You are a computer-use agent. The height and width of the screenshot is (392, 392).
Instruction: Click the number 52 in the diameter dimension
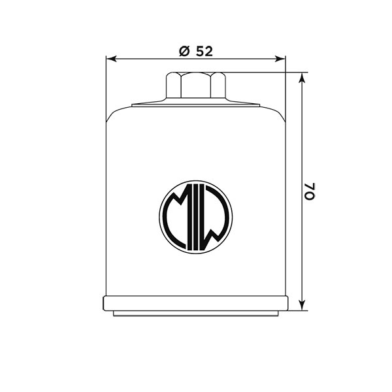pyautogui.click(x=204, y=51)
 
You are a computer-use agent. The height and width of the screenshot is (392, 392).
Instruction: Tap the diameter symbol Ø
pyautogui.click(x=184, y=51)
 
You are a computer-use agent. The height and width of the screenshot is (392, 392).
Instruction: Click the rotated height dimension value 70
pyautogui.click(x=310, y=191)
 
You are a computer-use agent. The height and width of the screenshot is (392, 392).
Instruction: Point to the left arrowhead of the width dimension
pyautogui.click(x=112, y=59)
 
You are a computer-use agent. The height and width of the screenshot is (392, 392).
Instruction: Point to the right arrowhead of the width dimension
pyautogui.click(x=280, y=59)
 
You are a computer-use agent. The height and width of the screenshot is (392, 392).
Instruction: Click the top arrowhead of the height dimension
pyautogui.click(x=302, y=78)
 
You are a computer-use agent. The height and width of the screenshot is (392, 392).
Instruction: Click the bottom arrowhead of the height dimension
pyautogui.click(x=302, y=305)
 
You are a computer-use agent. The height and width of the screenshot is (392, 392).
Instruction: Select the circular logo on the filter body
pyautogui.click(x=196, y=217)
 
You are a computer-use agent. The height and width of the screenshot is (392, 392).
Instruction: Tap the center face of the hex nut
pyautogui.click(x=196, y=85)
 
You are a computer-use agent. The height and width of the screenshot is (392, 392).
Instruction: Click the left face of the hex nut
pyautogui.click(x=174, y=85)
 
